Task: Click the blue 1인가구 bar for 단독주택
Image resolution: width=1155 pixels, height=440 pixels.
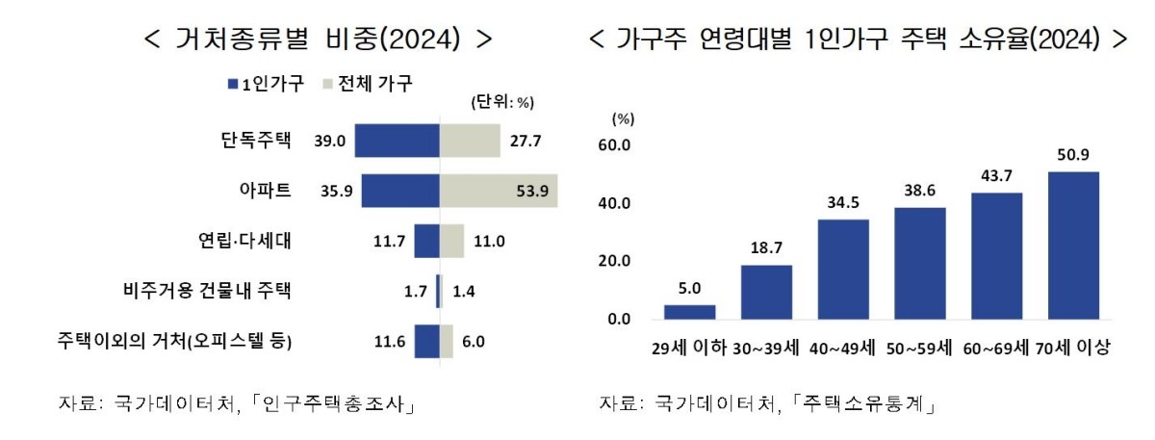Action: pyautogui.click(x=397, y=141)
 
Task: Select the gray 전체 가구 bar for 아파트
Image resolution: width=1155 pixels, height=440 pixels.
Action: pyautogui.click(x=498, y=191)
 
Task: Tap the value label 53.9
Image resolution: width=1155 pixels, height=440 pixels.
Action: pyautogui.click(x=531, y=192)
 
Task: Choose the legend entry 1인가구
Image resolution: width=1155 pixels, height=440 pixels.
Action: pyautogui.click(x=266, y=84)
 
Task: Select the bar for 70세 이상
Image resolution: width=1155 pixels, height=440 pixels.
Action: pyautogui.click(x=1073, y=246)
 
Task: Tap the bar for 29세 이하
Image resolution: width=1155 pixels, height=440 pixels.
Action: pyautogui.click(x=690, y=312)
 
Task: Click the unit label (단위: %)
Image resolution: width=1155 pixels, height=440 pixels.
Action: pyautogui.click(x=501, y=102)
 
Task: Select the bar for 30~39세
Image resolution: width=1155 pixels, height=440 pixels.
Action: pyautogui.click(x=766, y=292)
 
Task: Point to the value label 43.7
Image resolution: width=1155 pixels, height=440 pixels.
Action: pyautogui.click(x=996, y=177)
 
